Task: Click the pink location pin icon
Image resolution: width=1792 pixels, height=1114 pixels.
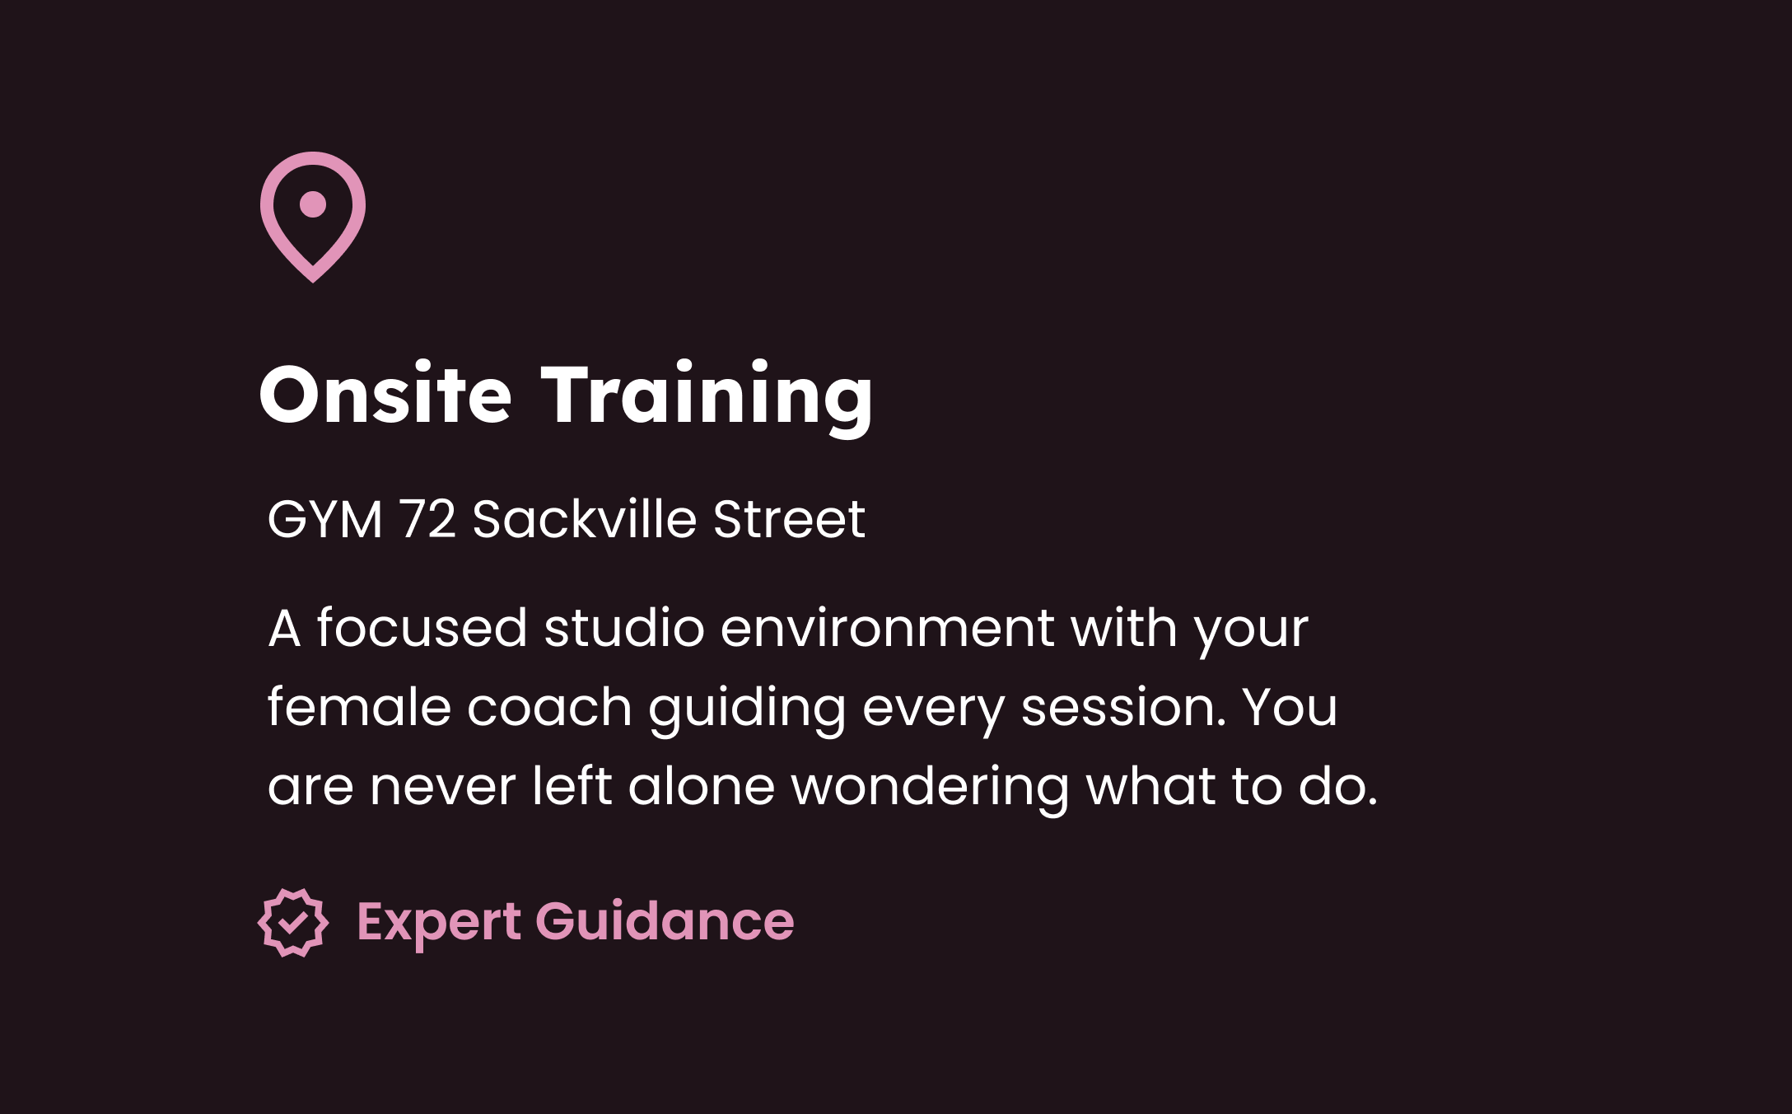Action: pyautogui.click(x=313, y=217)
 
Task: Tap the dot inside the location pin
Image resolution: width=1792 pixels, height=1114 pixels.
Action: pyautogui.click(x=313, y=204)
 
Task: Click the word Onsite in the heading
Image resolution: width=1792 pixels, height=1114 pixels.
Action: pyautogui.click(x=385, y=396)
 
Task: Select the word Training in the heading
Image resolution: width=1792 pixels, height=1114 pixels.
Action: pyautogui.click(x=707, y=396)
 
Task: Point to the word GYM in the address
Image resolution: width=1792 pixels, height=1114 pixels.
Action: pyautogui.click(x=325, y=520)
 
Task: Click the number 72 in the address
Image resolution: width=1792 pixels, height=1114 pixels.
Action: pyautogui.click(x=427, y=520)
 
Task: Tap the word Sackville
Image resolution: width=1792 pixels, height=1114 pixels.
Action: pyautogui.click(x=585, y=520)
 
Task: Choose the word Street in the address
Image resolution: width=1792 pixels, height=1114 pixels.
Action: pyautogui.click(x=789, y=520)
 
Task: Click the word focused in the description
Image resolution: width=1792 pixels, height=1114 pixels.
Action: pyautogui.click(x=422, y=629)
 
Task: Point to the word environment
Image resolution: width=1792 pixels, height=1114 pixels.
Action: pyautogui.click(x=887, y=629)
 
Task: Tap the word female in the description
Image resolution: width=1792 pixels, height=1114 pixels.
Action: pyautogui.click(x=359, y=708)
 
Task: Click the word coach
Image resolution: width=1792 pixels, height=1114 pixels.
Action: pyautogui.click(x=549, y=708)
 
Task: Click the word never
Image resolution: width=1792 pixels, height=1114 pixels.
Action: pyautogui.click(x=442, y=787)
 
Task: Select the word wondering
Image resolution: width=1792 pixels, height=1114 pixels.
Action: pyautogui.click(x=931, y=787)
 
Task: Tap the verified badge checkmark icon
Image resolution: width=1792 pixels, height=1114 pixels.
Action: pyautogui.click(x=293, y=922)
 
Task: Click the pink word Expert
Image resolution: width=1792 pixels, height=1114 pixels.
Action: pyautogui.click(x=439, y=922)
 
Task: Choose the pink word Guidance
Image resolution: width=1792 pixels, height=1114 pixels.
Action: pyautogui.click(x=665, y=920)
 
